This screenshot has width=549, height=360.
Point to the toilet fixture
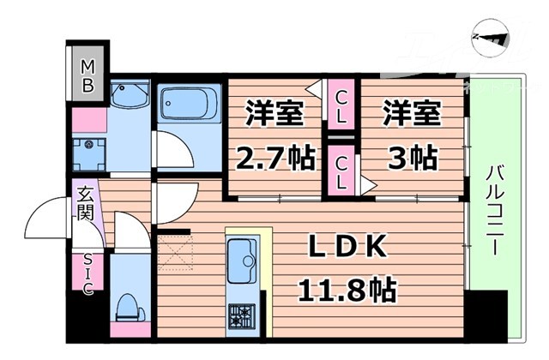[129, 309]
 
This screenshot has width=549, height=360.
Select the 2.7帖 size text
[274, 159]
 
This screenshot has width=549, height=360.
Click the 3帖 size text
[410, 158]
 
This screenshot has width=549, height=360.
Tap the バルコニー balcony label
[494, 206]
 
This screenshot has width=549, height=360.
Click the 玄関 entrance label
[86, 207]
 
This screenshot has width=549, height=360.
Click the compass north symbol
[492, 38]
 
